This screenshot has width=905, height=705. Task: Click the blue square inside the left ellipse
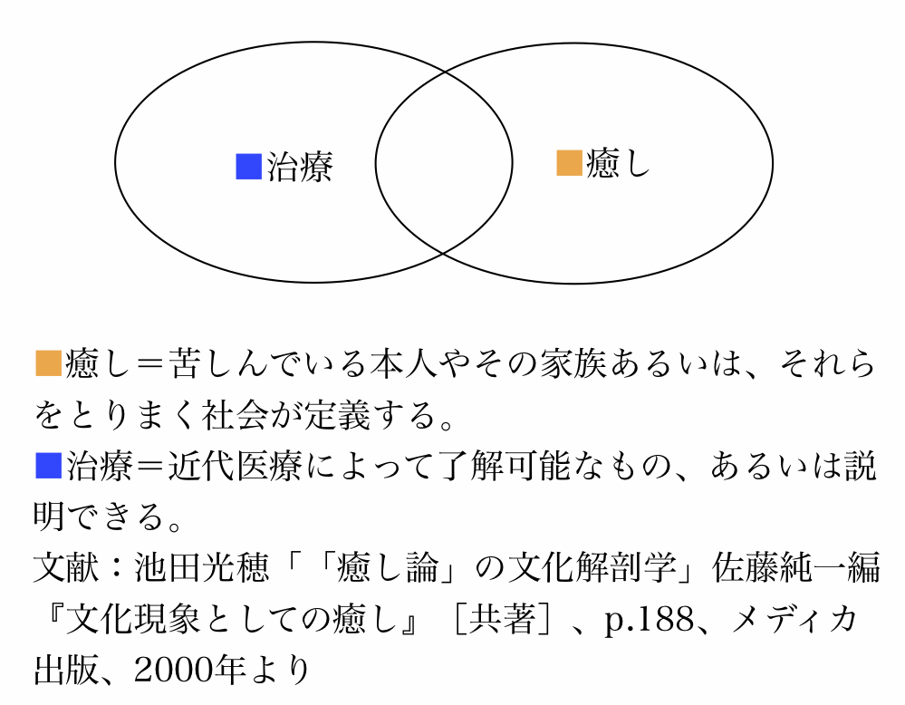(x=249, y=167)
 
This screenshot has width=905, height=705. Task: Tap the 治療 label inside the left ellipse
(x=300, y=167)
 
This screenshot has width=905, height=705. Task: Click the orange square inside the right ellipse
(x=569, y=162)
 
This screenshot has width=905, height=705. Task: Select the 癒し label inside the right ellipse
(x=618, y=163)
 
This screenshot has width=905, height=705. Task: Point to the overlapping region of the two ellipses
(x=444, y=163)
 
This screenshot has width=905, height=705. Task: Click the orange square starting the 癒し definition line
(x=49, y=363)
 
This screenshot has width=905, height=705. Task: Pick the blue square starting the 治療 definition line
(x=49, y=466)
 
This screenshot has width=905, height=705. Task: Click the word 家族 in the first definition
(x=573, y=363)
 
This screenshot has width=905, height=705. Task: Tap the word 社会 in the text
(x=235, y=414)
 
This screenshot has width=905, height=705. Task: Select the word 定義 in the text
(x=336, y=414)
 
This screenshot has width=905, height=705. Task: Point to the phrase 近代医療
(x=235, y=466)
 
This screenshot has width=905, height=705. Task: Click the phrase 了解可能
(x=503, y=466)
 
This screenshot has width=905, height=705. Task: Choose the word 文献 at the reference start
(x=67, y=568)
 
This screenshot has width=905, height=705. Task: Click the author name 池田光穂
(x=201, y=568)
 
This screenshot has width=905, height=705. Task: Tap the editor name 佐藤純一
(x=778, y=568)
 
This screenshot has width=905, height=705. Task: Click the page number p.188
(x=649, y=620)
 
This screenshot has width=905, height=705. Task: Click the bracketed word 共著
(x=501, y=619)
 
